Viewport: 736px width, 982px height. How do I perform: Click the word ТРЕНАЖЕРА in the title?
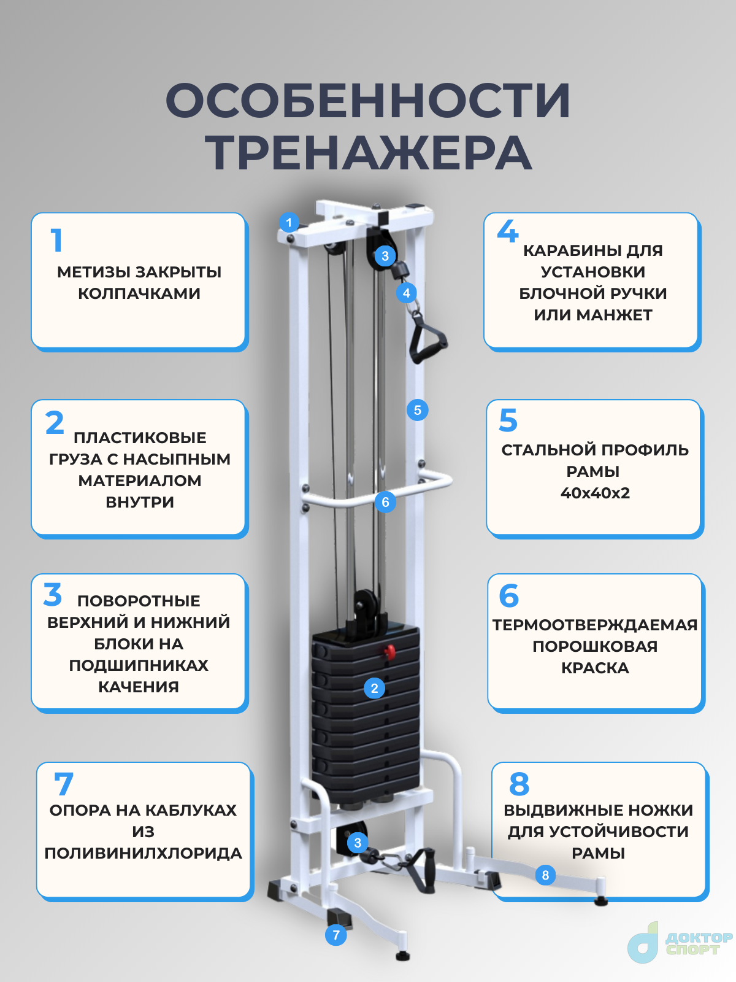click(x=368, y=152)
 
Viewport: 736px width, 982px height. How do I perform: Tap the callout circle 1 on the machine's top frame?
click(x=289, y=222)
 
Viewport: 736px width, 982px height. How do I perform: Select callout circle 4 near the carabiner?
click(x=407, y=293)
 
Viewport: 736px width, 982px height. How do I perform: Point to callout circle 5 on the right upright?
click(x=418, y=410)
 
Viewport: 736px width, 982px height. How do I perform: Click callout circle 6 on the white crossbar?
click(x=385, y=502)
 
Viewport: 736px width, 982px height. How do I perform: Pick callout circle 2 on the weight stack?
click(x=375, y=688)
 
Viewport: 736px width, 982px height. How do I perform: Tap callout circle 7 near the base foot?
click(x=336, y=935)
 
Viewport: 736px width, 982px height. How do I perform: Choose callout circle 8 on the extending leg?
click(x=545, y=875)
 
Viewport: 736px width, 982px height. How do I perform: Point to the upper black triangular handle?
click(x=427, y=338)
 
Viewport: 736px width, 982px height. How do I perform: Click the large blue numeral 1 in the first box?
click(x=56, y=240)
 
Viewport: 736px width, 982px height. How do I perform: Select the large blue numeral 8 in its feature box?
click(x=519, y=784)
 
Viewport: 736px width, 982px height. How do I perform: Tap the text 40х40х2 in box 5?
click(x=595, y=493)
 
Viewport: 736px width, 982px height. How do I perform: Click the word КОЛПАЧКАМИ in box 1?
click(x=139, y=293)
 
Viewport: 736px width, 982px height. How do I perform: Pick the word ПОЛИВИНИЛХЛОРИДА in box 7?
click(x=143, y=854)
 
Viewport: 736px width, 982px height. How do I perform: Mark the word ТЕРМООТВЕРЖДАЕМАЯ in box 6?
click(x=595, y=625)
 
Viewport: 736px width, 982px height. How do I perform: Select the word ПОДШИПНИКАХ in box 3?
click(x=139, y=665)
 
